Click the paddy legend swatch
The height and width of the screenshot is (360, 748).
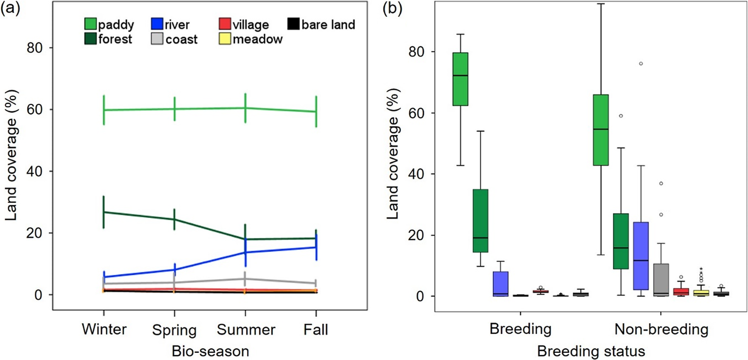coord(91,24)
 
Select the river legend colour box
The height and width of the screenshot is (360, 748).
coord(157,24)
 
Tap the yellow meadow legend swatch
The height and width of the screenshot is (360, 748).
coord(225,39)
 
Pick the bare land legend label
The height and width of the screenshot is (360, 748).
coord(328,24)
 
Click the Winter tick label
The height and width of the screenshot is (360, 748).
coord(104,329)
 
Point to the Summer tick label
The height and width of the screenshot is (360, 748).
coord(246,330)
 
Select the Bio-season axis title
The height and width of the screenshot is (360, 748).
coord(210,351)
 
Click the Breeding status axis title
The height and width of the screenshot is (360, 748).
coord(591,351)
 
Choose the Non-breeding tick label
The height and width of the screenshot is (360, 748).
coord(661,329)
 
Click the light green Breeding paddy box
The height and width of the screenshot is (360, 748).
coord(461,79)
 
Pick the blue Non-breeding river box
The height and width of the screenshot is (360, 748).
coord(641,256)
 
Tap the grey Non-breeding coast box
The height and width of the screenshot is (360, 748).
coord(661,280)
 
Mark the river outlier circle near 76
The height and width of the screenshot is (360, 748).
coord(641,63)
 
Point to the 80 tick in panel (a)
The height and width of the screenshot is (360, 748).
coord(44,48)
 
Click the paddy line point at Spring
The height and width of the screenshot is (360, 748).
coord(175,109)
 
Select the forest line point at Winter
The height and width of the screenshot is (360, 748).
coord(104,212)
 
